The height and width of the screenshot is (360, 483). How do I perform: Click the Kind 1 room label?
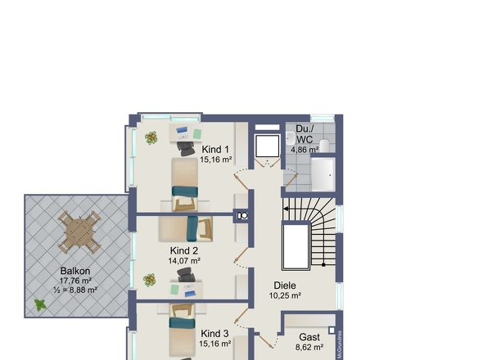[x=215, y=150]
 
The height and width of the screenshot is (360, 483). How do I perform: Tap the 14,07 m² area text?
[x=184, y=261]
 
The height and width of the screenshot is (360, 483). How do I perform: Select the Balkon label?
[x=75, y=271]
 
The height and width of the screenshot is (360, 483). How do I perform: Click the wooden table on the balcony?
[x=79, y=232]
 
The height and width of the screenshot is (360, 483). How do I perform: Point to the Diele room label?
[x=285, y=286]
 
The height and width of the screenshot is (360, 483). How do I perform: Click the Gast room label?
[x=309, y=337]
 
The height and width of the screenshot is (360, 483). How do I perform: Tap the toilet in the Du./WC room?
[x=324, y=146]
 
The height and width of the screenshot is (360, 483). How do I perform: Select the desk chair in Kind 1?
[x=186, y=148]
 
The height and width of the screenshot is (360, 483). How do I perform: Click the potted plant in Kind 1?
[x=151, y=138]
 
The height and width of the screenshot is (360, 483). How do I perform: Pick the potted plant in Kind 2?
[x=149, y=281]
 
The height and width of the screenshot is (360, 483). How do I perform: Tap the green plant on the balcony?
[x=40, y=305]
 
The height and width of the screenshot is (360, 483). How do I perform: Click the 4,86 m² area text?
[x=305, y=150]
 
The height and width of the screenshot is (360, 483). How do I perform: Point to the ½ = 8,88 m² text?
[x=75, y=290]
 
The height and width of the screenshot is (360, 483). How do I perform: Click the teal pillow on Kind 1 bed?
[x=185, y=191]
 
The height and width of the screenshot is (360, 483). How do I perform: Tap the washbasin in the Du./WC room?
[x=290, y=138]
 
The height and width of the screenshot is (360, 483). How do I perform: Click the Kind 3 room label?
[x=214, y=334]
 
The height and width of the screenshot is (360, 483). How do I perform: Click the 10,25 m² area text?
[x=285, y=295]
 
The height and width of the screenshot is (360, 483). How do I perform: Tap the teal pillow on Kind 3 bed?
[x=182, y=323]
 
